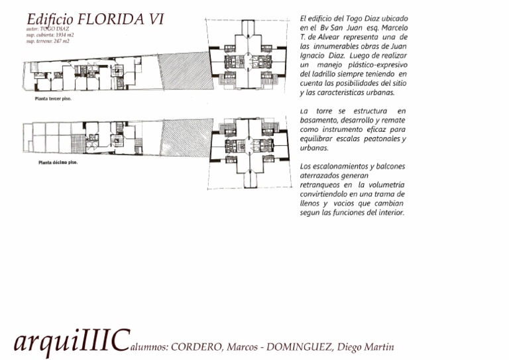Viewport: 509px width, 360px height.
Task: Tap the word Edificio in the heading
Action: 50,19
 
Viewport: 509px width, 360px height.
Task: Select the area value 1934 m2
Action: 65,34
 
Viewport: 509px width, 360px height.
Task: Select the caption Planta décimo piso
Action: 56,161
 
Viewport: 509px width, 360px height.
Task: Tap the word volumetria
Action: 384,184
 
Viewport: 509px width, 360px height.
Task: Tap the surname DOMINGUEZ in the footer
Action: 298,347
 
